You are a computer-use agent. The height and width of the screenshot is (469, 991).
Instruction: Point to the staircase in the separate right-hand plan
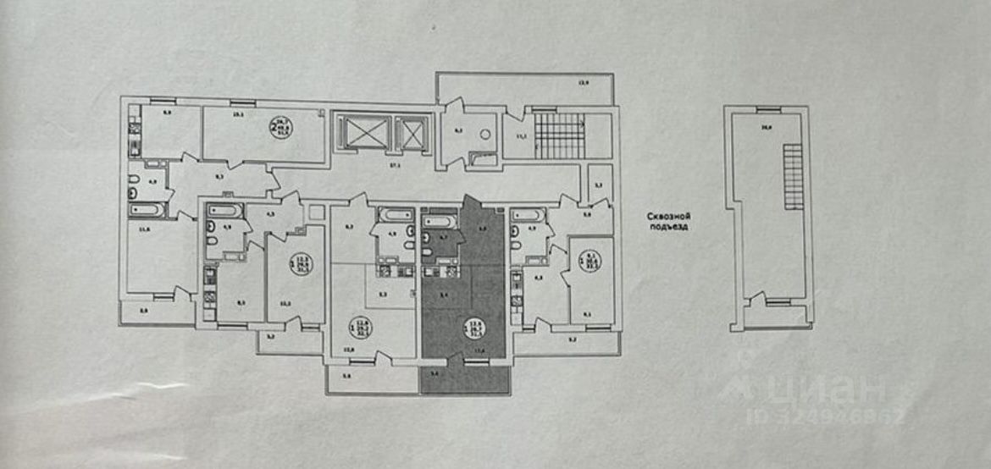pos(793,177)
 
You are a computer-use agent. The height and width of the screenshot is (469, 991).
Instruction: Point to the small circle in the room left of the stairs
pos(484,133)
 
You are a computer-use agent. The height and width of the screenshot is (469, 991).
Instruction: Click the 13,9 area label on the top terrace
pos(582,82)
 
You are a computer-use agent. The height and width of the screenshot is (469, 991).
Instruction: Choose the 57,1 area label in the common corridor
pos(393,168)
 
